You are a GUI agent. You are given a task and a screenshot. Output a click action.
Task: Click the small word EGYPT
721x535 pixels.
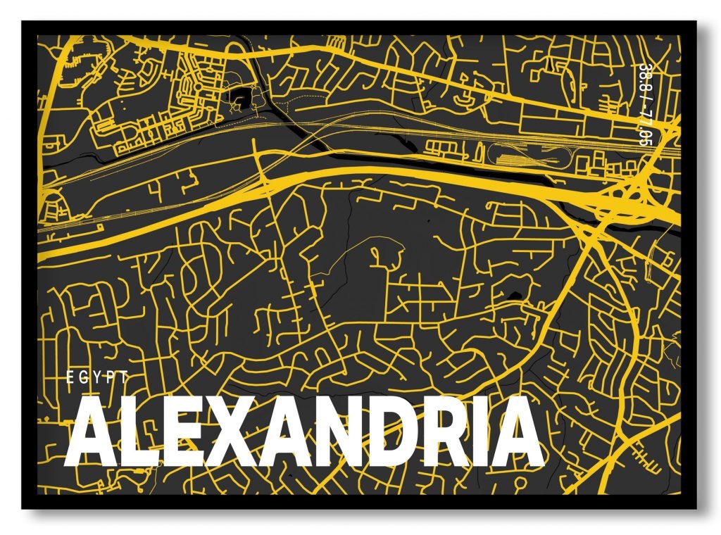click(x=98, y=377)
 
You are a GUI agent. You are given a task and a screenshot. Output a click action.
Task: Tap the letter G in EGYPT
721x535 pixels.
click(x=84, y=377)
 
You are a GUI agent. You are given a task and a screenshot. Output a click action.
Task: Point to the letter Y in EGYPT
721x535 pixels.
click(x=98, y=377)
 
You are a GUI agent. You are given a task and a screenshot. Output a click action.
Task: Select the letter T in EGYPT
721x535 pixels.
click(x=125, y=377)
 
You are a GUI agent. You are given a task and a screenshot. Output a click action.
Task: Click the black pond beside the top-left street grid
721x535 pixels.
click(x=241, y=97)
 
